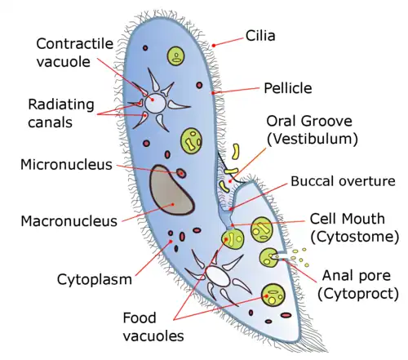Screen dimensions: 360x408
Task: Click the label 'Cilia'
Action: (x=263, y=37)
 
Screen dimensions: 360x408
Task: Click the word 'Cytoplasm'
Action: (x=95, y=280)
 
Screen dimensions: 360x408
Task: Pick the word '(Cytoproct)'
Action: (x=359, y=292)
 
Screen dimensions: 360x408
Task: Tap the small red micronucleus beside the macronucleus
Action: (x=181, y=172)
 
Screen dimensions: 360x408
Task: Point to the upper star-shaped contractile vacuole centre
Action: (x=154, y=104)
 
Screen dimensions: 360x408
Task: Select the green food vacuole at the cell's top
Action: (x=175, y=56)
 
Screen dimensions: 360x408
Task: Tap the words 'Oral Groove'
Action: (x=313, y=121)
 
